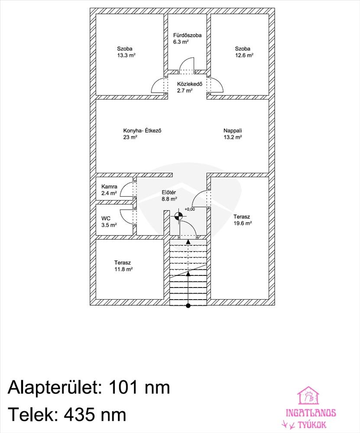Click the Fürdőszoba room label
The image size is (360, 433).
pos(187,35)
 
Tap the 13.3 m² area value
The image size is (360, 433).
pos(126,55)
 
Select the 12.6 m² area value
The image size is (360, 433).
pos(244,55)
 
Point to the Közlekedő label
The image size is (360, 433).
pos(190,84)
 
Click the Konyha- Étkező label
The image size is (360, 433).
pos(142,131)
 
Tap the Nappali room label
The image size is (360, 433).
pos(233,131)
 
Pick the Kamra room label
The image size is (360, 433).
pos(109,187)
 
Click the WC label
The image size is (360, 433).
pos(106,218)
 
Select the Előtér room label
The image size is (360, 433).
pos(169,193)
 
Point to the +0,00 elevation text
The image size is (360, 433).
pos(190,209)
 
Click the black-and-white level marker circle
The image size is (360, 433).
pos(179,216)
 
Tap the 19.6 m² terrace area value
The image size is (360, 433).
pos(243,223)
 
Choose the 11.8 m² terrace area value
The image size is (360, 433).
pos(123,269)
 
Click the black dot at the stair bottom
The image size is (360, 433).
pos(188,306)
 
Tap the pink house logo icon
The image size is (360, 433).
pos(308,395)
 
